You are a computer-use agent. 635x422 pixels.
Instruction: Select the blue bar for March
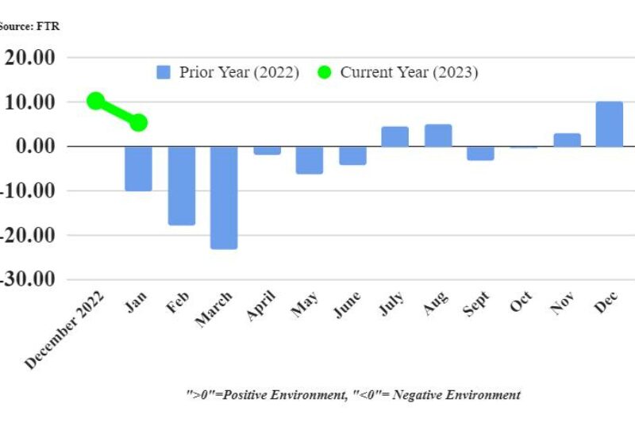224,198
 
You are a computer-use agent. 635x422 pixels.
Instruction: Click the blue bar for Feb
181,186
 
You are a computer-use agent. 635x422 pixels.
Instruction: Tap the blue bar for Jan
138,168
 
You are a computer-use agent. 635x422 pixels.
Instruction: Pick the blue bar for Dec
609,125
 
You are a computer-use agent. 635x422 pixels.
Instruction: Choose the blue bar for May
310,159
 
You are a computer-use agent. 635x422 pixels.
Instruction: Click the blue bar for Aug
438,136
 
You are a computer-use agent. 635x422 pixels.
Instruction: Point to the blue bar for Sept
480,153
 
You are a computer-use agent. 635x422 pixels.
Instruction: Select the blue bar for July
394,136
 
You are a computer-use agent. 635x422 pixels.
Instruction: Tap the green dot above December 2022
96,101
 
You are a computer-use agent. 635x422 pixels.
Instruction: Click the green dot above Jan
138,122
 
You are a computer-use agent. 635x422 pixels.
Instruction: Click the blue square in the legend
164,72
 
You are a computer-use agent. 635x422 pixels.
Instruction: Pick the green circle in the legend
323,72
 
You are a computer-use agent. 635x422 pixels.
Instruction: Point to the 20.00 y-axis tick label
30,58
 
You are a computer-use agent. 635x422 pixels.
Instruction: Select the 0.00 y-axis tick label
35,147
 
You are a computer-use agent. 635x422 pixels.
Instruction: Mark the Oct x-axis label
521,302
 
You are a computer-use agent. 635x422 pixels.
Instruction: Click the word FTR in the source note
49,26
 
